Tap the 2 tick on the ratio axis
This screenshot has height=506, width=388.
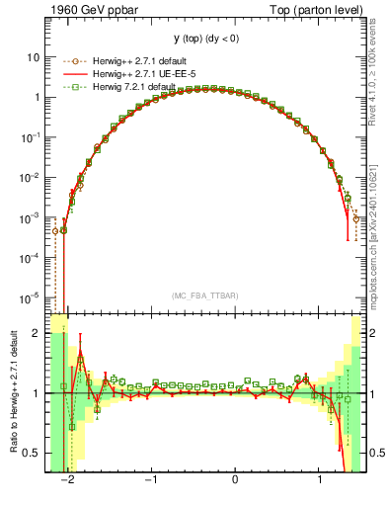tap(37, 333)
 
